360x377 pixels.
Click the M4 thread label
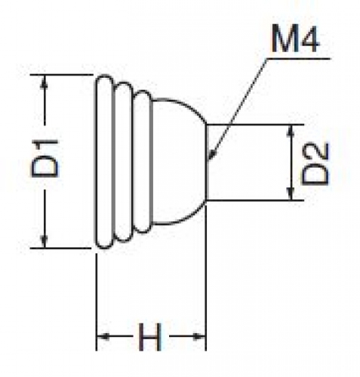tap(296, 39)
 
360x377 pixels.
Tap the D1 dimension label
tap(45, 158)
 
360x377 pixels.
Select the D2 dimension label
tap(315, 164)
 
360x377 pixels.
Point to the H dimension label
tap(150, 337)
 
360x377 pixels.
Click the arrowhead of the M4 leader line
tap(212, 155)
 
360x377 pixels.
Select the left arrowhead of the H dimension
tap(103, 335)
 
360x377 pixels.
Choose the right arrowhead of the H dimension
tap(199, 335)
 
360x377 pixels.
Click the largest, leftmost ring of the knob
tap(97, 162)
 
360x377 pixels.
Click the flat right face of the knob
tap(206, 162)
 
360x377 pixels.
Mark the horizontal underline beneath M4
tap(298, 59)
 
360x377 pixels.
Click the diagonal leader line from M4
tap(238, 109)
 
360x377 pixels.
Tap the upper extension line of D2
tap(255, 125)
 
